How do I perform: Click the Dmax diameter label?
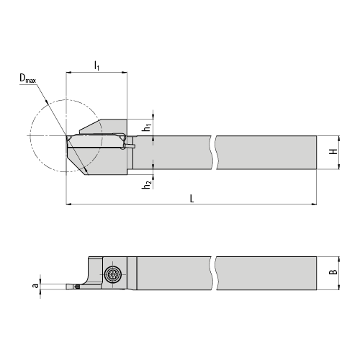(27, 78)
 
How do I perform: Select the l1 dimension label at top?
(96, 66)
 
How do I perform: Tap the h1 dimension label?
(147, 127)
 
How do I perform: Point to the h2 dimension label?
(147, 185)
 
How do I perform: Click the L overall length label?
(192, 199)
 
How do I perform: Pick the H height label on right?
(333, 151)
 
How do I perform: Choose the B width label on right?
(333, 272)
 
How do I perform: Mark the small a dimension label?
(35, 286)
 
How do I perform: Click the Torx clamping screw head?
(112, 274)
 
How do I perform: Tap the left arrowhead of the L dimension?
(69, 204)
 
